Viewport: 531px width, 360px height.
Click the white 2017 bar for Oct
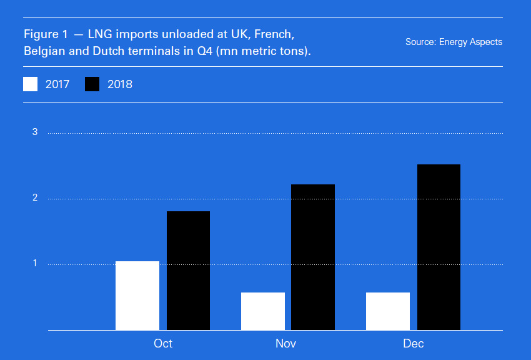tap(137, 296)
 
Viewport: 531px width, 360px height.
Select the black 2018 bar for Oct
tap(188, 271)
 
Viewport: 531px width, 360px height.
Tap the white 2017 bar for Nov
tap(263, 311)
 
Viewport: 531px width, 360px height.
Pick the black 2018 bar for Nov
tap(313, 257)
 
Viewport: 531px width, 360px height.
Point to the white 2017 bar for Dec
tap(388, 311)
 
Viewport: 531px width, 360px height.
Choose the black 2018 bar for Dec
tap(439, 247)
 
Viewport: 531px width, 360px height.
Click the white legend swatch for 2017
tap(31, 84)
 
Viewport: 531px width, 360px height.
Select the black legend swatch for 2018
tap(92, 84)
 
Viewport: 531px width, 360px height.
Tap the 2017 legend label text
tap(57, 84)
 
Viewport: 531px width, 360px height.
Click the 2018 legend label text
tap(120, 84)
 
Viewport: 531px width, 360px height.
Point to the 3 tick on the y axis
tap(35, 132)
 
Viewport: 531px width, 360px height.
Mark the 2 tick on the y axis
tap(35, 198)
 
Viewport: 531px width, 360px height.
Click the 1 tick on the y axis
tap(35, 264)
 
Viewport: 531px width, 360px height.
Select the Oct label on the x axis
tap(163, 344)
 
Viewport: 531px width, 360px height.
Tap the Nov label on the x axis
tap(286, 344)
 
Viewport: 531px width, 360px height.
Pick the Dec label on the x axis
tap(414, 344)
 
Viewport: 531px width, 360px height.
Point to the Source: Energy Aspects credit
tap(454, 42)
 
